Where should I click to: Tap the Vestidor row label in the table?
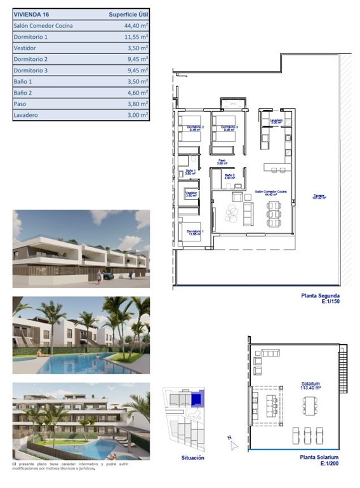pos(25,48)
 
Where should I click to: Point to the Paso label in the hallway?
pos(222,161)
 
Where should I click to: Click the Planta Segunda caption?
pos(320,296)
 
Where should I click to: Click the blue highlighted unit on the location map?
pos(196,400)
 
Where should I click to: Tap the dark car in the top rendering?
pos(108,276)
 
